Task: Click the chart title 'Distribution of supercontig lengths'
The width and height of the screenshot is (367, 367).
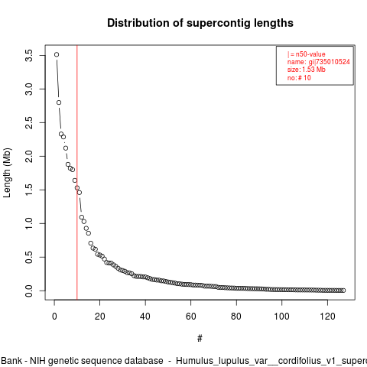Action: [200, 23]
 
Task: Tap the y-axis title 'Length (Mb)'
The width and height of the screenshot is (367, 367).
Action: [7, 173]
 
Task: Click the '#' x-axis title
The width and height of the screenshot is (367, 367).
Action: [200, 339]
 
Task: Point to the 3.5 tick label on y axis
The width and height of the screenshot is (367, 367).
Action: [29, 55]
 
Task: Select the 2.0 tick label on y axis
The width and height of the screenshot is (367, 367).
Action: [29, 156]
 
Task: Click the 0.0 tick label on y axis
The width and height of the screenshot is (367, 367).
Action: [29, 291]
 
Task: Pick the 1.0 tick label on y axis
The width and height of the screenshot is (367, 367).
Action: [29, 223]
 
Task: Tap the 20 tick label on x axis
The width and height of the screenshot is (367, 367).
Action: [100, 317]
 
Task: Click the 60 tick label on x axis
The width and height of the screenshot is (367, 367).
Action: [191, 317]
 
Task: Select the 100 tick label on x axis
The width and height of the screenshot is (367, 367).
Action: [282, 317]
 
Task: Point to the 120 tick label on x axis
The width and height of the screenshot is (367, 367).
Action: [327, 317]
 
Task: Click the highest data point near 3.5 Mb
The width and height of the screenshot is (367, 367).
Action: [57, 54]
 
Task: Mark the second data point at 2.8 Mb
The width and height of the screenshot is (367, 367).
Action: [59, 102]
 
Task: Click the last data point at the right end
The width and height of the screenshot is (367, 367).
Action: [343, 291]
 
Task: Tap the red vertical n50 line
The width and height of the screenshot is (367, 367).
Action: [77, 172]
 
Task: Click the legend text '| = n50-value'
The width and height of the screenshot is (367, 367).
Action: [307, 54]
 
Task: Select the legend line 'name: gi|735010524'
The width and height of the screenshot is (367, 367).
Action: [319, 62]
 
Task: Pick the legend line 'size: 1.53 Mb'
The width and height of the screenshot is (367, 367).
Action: [307, 70]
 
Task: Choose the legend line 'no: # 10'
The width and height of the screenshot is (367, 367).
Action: [299, 78]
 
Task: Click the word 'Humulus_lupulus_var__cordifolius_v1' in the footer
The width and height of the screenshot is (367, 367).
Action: [258, 361]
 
